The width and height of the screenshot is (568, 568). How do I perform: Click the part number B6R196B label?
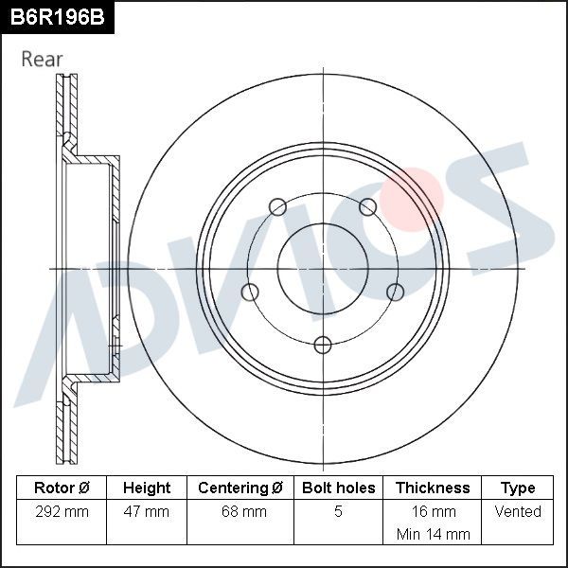(57, 17)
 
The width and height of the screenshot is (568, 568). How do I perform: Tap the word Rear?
(42, 59)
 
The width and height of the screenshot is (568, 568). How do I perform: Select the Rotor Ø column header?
(62, 488)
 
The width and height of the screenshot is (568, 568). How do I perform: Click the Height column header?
(147, 488)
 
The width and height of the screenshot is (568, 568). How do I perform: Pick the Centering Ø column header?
(240, 488)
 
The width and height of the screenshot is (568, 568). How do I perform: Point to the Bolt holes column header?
(338, 488)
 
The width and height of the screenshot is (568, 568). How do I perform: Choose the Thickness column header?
(432, 488)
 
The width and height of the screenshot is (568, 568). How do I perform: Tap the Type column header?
(518, 488)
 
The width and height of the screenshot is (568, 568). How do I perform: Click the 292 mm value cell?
(62, 511)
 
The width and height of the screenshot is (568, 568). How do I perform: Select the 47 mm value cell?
(147, 511)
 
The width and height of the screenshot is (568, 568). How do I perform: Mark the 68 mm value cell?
(240, 511)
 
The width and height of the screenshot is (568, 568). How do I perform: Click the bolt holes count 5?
(338, 511)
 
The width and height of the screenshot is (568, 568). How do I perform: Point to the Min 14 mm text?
(432, 534)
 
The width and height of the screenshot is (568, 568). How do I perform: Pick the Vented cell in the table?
(518, 511)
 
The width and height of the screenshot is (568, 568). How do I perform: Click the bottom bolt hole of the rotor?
(323, 344)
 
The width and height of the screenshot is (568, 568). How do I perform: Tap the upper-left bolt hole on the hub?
(277, 207)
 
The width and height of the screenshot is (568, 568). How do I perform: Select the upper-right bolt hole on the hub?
(368, 207)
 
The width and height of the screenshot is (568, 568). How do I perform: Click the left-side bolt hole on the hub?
(250, 292)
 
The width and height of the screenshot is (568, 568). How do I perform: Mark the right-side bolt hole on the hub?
(396, 292)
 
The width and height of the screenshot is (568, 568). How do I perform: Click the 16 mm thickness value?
(432, 511)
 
